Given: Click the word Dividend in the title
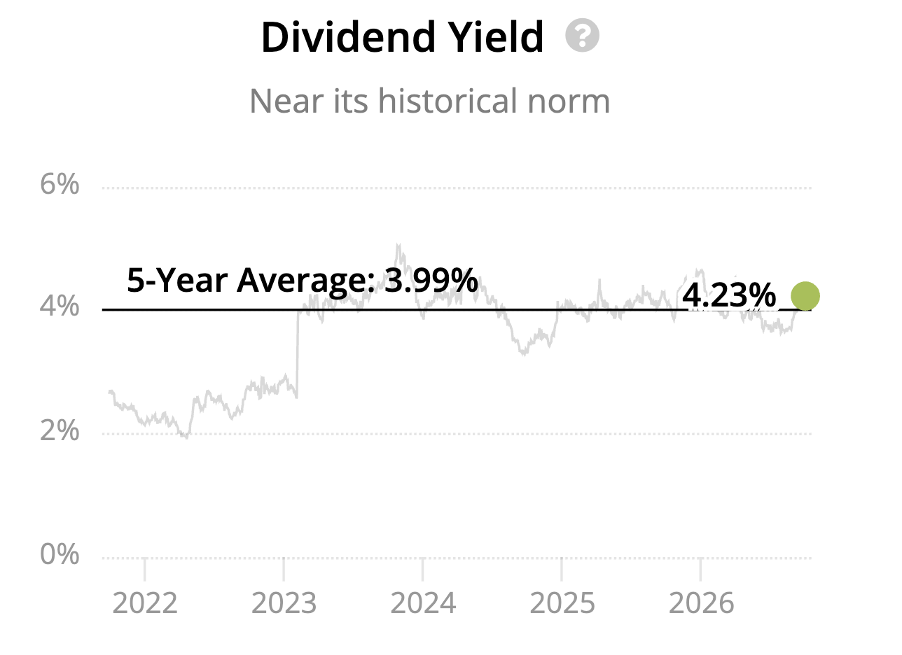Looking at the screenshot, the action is (348, 37).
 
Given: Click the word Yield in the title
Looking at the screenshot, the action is (496, 37).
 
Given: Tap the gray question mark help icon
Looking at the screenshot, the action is (582, 36).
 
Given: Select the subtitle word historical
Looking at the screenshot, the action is (447, 101).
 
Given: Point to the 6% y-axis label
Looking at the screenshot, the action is (60, 184).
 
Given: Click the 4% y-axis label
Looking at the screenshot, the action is (60, 307).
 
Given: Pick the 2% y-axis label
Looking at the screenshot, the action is (60, 430).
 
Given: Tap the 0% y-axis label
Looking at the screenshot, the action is (60, 554).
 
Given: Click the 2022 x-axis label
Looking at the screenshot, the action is (145, 603).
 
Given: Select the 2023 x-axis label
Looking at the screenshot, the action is (284, 603).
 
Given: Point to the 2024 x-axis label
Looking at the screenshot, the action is (423, 603).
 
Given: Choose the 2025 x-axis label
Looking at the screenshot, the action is (562, 603).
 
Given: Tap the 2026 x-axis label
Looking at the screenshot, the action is (702, 603).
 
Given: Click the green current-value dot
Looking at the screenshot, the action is (805, 296).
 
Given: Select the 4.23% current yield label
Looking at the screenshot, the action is (729, 296).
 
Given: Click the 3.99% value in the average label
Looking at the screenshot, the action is (431, 280).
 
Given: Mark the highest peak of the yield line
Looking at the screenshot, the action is (398, 244).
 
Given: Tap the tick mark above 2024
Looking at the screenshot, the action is (423, 570).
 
